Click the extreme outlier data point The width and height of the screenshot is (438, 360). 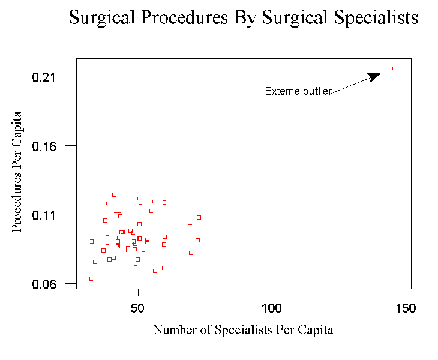(x=391, y=68)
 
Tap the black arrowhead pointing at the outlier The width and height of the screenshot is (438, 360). (x=374, y=76)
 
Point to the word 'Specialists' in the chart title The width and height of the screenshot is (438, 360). (x=372, y=18)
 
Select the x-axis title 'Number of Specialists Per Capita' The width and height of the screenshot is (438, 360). (x=242, y=330)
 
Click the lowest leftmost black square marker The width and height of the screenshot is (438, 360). (x=91, y=278)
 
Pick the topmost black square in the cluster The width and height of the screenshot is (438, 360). (x=114, y=194)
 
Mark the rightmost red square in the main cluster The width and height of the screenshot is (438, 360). (x=199, y=217)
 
